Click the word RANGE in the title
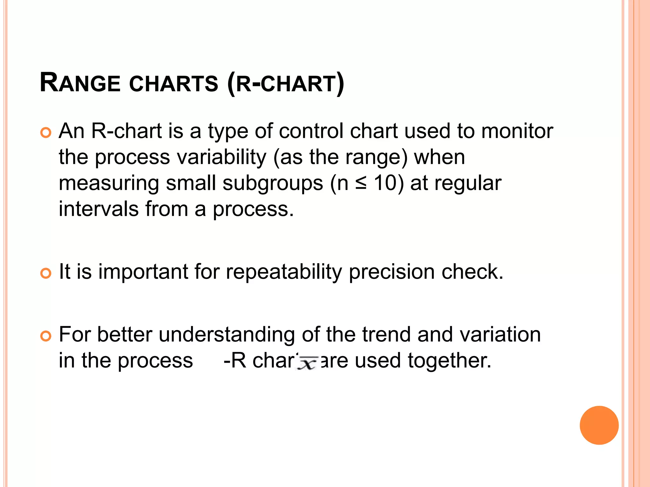[80, 83]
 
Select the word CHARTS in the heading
[174, 84]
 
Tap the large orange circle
[599, 425]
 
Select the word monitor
[517, 131]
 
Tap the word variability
[221, 157]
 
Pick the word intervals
[99, 209]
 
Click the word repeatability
[284, 272]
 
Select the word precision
[392, 272]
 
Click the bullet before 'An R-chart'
[46, 133]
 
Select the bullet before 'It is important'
[46, 273]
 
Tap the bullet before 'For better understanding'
[46, 336]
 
